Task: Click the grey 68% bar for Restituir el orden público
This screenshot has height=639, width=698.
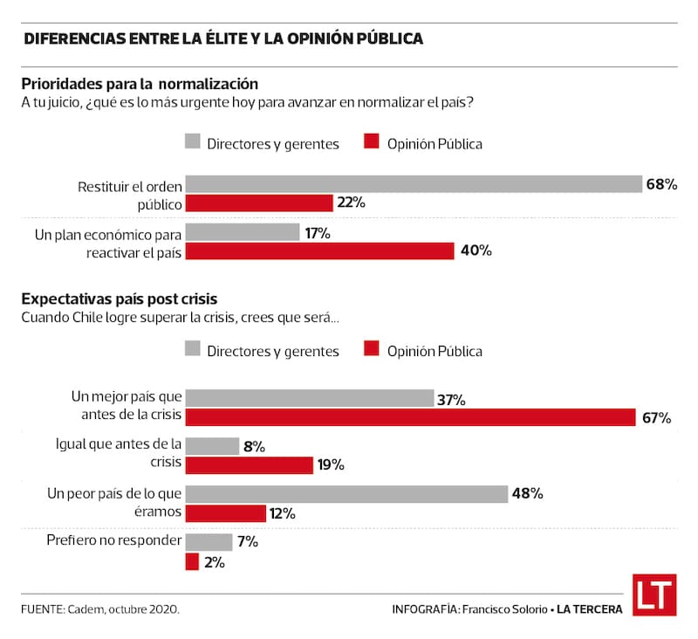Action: [x=414, y=183]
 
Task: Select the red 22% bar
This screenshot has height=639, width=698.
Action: [x=259, y=203]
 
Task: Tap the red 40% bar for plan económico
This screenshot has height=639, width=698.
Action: [x=319, y=251]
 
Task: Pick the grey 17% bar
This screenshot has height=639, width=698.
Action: [x=243, y=232]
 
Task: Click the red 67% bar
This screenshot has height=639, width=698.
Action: [x=410, y=417]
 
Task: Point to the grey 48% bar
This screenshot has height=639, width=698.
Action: [x=346, y=493]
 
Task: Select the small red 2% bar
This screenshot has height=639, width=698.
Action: [x=192, y=562]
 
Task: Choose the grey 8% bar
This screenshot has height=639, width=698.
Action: [x=212, y=446]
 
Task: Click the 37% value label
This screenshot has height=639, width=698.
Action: [x=451, y=399]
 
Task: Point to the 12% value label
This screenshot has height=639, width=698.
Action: [x=282, y=513]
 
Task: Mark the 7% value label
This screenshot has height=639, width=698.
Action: [x=247, y=542]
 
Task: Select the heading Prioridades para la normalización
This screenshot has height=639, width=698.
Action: [x=140, y=84]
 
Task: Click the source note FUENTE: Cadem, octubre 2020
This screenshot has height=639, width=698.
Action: [x=100, y=608]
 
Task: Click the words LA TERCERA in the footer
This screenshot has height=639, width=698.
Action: [x=589, y=608]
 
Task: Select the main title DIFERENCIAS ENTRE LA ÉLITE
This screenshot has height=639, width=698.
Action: [x=223, y=39]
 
